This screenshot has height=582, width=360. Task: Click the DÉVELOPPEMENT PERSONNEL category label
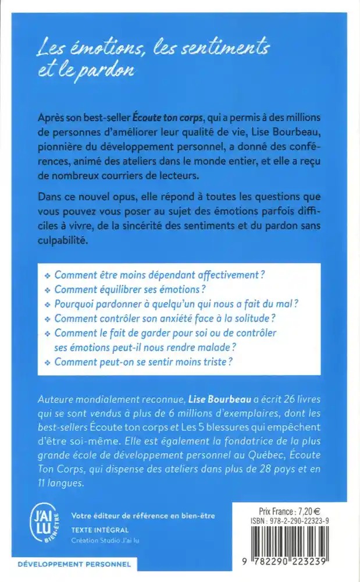pyautogui.click(x=67, y=565)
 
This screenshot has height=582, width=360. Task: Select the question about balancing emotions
pyautogui.click(x=130, y=289)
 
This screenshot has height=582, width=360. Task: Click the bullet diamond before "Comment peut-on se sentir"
pyautogui.click(x=48, y=362)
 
